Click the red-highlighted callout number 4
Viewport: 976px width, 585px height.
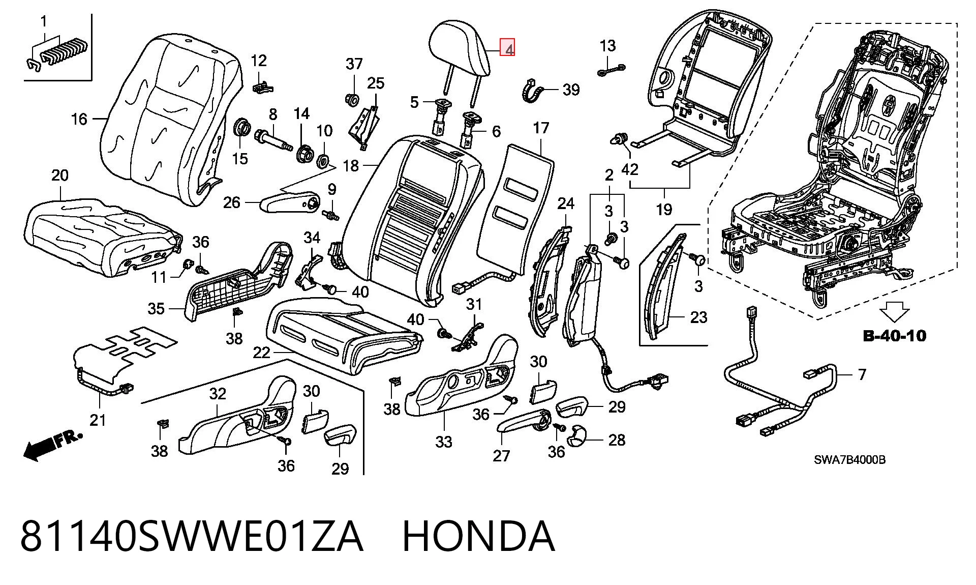coord(508,48)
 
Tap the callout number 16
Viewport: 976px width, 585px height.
coord(79,119)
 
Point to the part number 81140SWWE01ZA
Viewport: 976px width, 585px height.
coord(192,536)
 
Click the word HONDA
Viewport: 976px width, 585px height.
coord(478,536)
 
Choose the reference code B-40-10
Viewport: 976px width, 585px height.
coord(895,336)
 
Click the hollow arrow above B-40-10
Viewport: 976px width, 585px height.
coord(895,311)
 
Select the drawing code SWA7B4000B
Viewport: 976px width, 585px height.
coord(849,460)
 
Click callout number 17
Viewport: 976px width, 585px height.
coord(541,128)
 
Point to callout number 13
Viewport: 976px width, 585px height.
coord(607,46)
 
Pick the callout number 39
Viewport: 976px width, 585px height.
coord(571,90)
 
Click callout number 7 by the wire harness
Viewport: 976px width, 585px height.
coord(862,374)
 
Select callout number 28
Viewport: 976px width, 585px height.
coord(617,440)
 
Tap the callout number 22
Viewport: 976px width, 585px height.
coord(261,352)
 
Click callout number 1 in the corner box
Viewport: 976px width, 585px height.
coord(44,21)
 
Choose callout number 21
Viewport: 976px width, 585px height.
coord(98,420)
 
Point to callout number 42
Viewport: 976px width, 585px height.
coord(629,169)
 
